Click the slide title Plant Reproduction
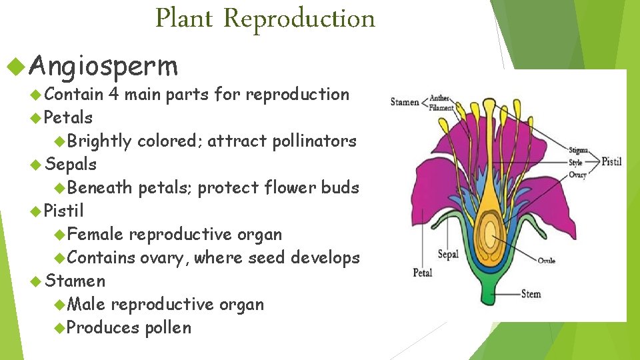[265, 18]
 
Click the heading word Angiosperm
[103, 66]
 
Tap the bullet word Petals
[68, 117]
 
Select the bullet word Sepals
[71, 164]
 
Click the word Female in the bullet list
[95, 234]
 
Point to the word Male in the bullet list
[87, 304]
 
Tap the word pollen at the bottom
[168, 327]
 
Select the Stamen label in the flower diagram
[405, 102]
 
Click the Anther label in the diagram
[439, 98]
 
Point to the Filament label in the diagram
[442, 107]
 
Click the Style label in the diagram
[575, 163]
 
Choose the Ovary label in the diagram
[577, 175]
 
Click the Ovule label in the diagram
[546, 260]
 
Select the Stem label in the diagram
[531, 293]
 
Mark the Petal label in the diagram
[423, 272]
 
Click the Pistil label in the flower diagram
[611, 161]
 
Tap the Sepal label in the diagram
[448, 254]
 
